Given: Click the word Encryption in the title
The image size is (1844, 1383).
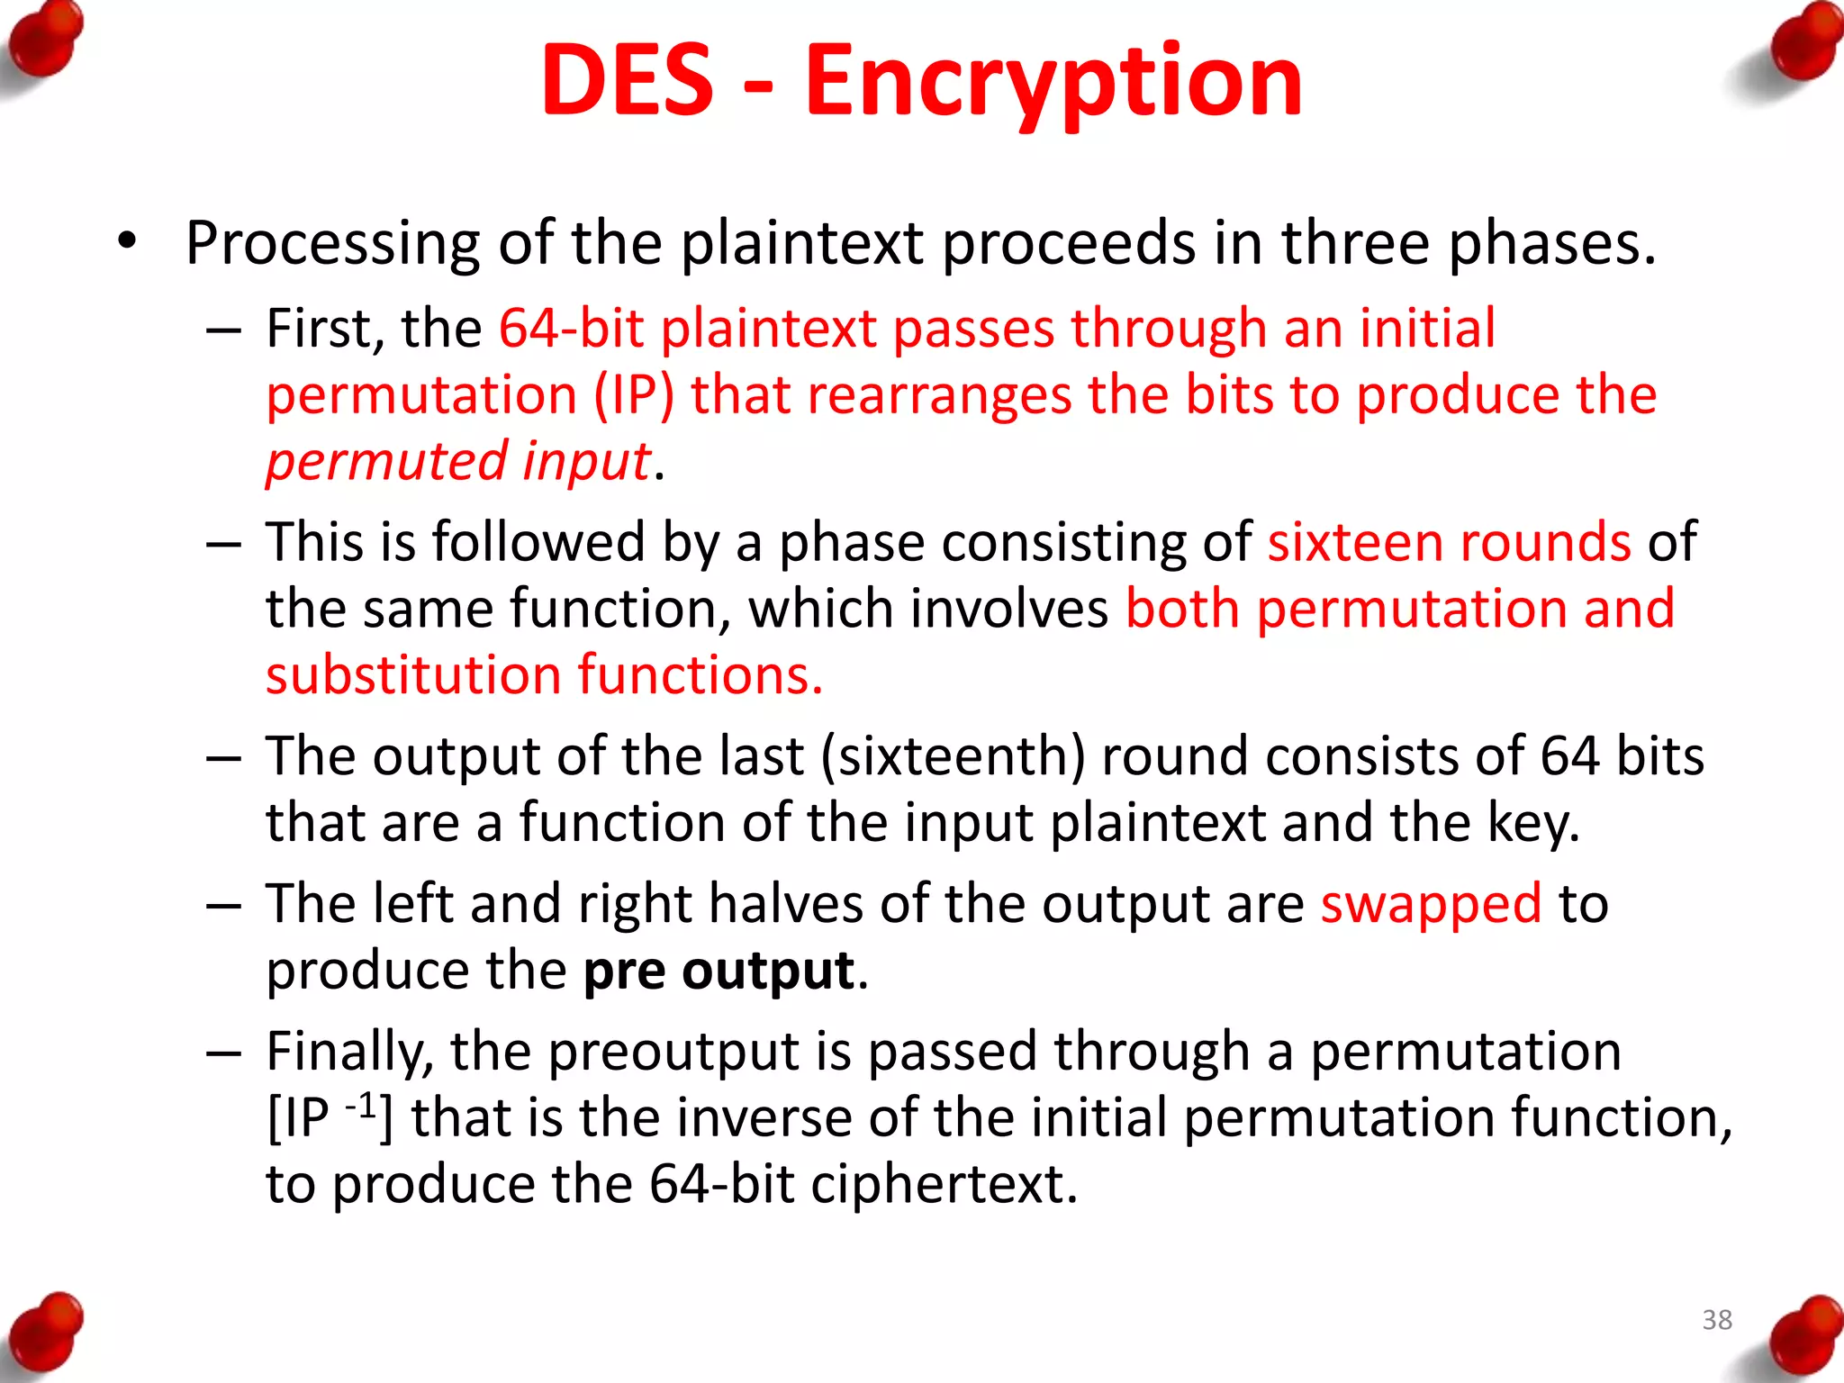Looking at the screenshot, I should [1053, 83].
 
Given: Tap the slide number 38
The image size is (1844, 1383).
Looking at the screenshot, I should [1717, 1320].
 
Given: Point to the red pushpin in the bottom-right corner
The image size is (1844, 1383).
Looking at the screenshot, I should [1800, 1336].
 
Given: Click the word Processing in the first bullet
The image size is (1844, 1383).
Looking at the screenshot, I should [332, 244].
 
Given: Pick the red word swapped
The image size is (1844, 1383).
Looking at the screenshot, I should [1431, 904].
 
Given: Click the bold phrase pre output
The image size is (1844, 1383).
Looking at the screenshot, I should [719, 971].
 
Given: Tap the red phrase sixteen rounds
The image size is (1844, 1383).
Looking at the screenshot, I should [1449, 542].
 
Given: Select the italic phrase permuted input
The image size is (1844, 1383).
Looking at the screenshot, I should [458, 461].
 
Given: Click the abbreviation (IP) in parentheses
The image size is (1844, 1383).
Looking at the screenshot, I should [634, 395].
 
